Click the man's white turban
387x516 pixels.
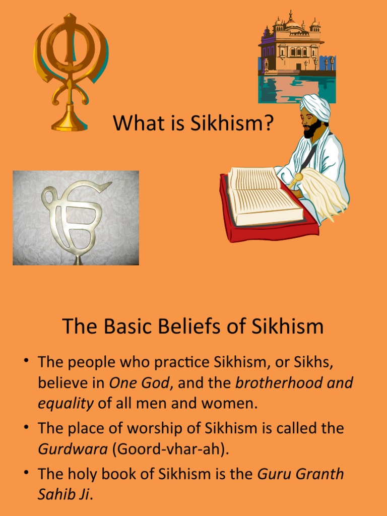pyautogui.click(x=315, y=106)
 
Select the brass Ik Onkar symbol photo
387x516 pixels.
pyautogui.click(x=76, y=218)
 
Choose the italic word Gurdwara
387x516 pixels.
pyautogui.click(x=73, y=449)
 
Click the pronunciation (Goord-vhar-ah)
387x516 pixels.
pyautogui.click(x=170, y=449)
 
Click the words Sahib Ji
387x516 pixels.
pyautogui.click(x=63, y=494)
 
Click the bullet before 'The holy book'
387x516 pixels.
pyautogui.click(x=25, y=473)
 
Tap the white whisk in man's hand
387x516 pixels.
pyautogui.click(x=322, y=192)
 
